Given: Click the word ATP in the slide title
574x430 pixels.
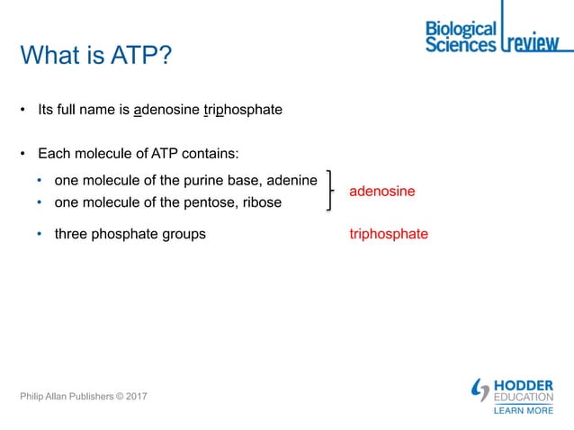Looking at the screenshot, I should [x=136, y=57].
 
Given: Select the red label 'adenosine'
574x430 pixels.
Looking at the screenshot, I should [x=381, y=192].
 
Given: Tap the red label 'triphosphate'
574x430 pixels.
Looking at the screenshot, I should [x=389, y=234].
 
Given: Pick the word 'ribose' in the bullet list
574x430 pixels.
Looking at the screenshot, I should [x=261, y=202].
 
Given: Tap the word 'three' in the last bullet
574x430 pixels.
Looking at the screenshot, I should [x=72, y=234].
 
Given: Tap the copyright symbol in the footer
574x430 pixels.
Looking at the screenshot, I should [x=114, y=396].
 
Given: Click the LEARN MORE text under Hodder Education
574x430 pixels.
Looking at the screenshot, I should [x=524, y=411].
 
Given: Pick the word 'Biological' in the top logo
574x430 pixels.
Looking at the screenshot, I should [x=461, y=29].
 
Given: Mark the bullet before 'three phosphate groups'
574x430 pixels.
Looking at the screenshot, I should [x=40, y=234].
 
